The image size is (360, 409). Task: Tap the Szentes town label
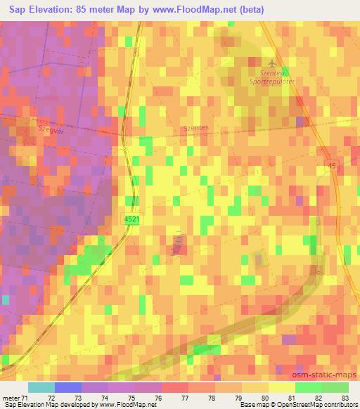click(x=196, y=128)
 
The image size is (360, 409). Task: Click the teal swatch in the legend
click(x=41, y=387)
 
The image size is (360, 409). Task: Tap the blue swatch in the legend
click(x=68, y=387)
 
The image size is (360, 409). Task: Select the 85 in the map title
click(x=98, y=10)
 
